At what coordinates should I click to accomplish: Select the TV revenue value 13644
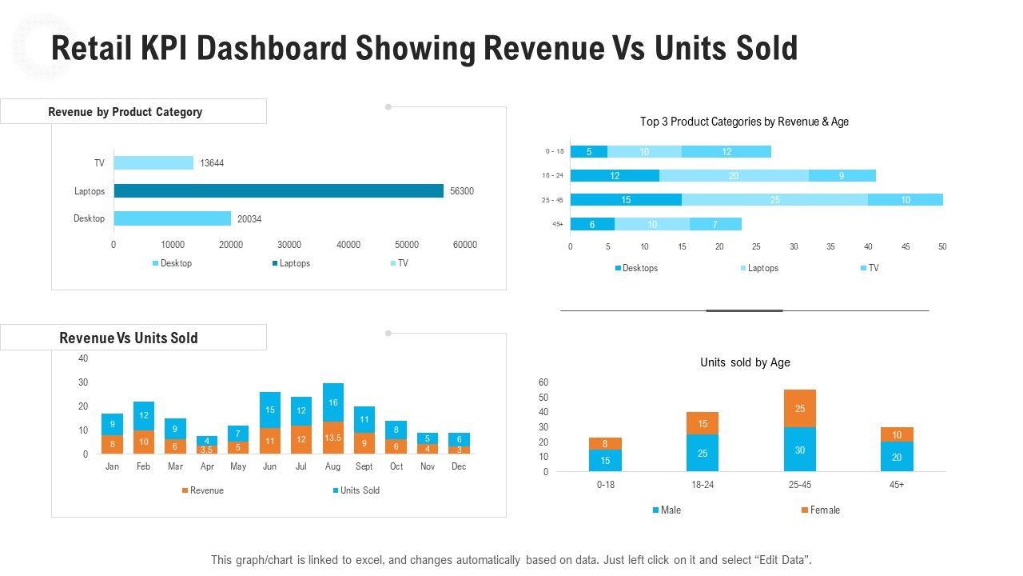tap(212, 163)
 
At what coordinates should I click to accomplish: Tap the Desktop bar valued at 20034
tap(172, 218)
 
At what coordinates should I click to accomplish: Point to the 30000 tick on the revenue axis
tap(289, 245)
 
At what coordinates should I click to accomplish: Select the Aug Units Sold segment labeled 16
tap(333, 402)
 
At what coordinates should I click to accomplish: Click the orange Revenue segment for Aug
tap(333, 438)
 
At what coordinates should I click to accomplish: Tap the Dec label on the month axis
tap(459, 466)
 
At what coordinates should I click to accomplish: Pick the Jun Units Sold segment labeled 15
tap(270, 410)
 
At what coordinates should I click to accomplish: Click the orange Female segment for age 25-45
tap(800, 408)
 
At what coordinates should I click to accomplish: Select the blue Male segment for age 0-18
tap(605, 460)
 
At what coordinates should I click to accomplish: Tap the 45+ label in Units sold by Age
tap(897, 485)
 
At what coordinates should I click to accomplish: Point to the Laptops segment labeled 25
tap(774, 200)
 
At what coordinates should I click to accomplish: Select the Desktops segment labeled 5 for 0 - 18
tap(589, 152)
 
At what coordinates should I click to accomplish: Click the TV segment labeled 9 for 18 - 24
tap(842, 176)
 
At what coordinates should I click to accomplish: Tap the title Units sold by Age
tap(745, 362)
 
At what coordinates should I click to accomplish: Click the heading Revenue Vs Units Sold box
tap(133, 338)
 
